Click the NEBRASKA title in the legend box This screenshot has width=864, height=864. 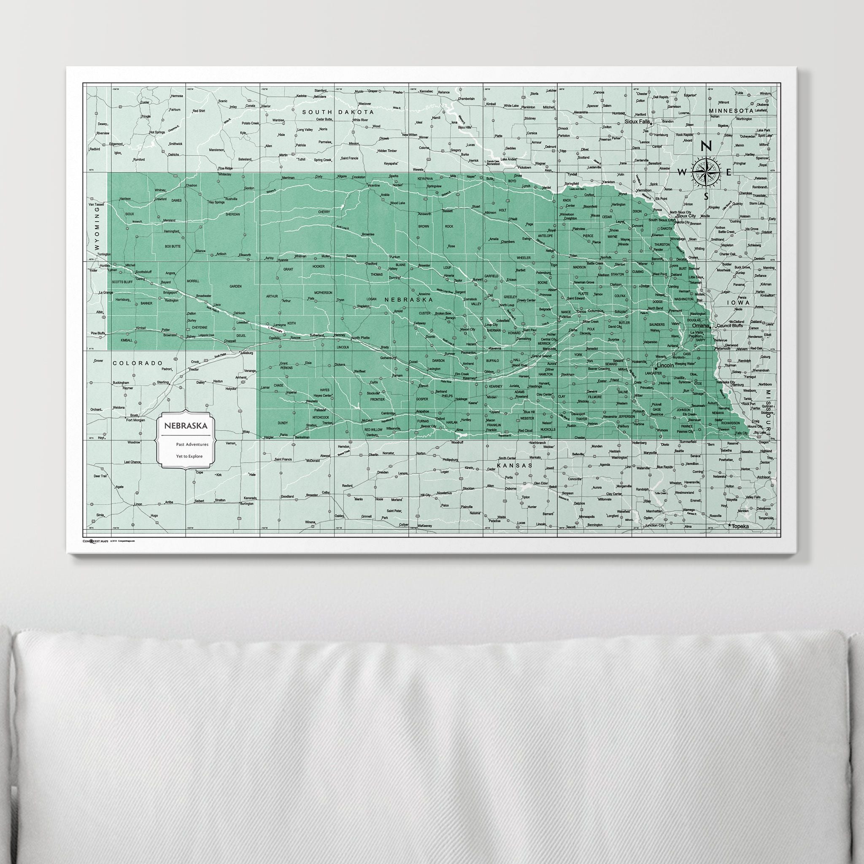(x=185, y=426)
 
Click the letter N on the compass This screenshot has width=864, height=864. (x=706, y=146)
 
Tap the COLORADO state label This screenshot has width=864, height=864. (x=137, y=363)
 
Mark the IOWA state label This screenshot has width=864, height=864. (x=737, y=302)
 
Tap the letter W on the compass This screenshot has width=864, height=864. (x=682, y=172)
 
